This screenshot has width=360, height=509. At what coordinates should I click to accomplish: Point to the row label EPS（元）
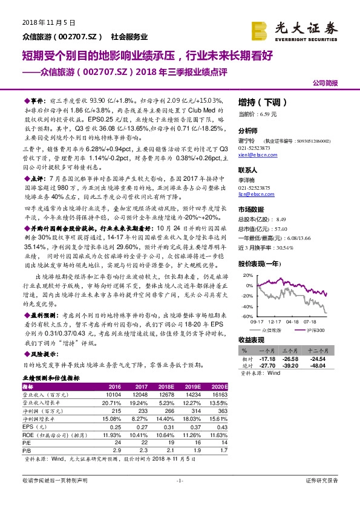[x=35, y=426]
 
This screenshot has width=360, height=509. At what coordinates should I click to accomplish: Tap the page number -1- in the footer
[x=180, y=498]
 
